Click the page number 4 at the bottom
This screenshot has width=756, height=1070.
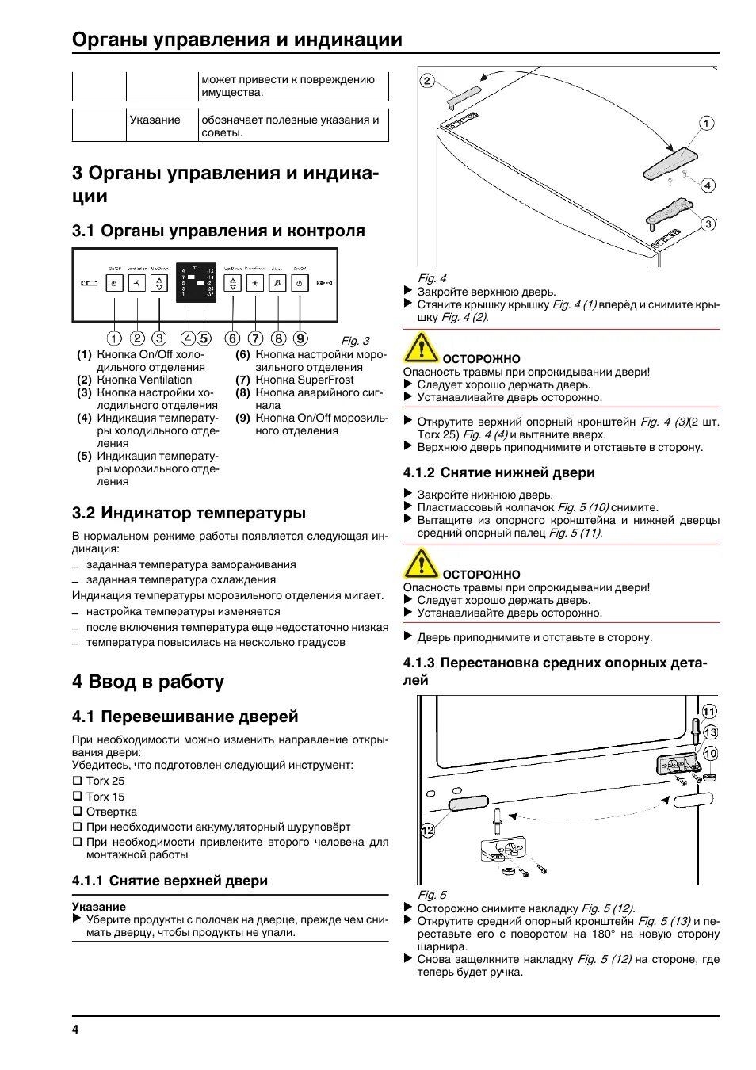pos(75,1029)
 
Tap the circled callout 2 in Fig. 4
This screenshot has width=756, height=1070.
pos(427,80)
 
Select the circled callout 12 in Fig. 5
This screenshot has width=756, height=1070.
pos(428,830)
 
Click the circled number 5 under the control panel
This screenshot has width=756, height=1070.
pos(204,338)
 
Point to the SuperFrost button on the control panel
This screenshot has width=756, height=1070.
pos(254,283)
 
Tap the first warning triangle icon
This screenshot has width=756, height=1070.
pos(421,348)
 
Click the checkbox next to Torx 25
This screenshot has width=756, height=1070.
pos(78,781)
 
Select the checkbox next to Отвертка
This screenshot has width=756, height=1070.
pos(78,811)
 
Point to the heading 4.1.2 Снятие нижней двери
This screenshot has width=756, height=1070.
pos(498,472)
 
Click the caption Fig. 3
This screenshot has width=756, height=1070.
pos(355,341)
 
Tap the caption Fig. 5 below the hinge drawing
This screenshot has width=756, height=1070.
pos(432,895)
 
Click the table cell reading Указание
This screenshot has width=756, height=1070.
pos(155,120)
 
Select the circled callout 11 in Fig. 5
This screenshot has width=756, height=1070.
pos(709,711)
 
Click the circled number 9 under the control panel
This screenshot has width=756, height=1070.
pos(300,338)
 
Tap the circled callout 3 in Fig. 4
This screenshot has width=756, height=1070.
pos(708,224)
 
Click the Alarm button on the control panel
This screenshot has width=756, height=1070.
pos(277,283)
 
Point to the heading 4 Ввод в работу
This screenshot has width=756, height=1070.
pos(148,682)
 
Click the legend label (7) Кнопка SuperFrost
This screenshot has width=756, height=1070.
pos(294,380)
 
